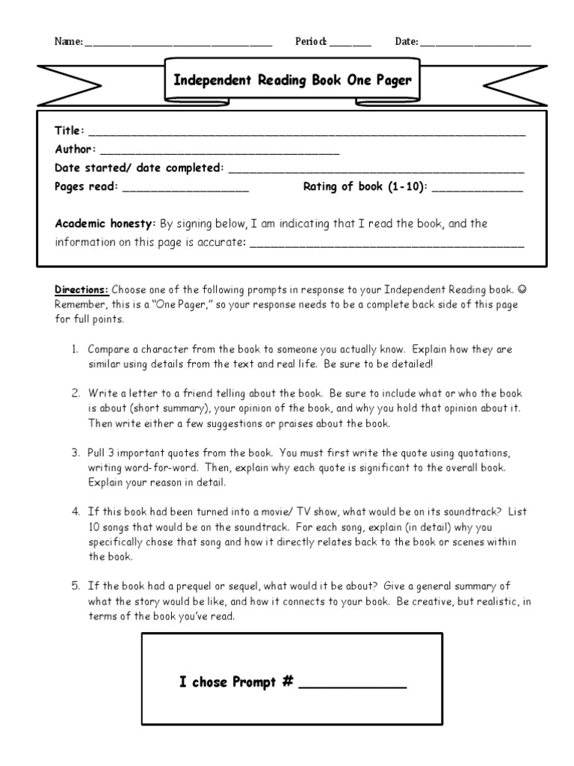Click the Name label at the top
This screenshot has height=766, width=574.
68,42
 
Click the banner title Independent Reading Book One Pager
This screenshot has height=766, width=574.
292,80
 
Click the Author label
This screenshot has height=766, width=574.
75,150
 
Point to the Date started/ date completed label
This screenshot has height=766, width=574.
139,168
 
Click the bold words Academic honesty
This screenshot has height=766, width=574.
105,224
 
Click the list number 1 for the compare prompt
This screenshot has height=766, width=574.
75,349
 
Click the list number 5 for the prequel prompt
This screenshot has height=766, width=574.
75,586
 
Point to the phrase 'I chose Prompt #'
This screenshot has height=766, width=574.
235,681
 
